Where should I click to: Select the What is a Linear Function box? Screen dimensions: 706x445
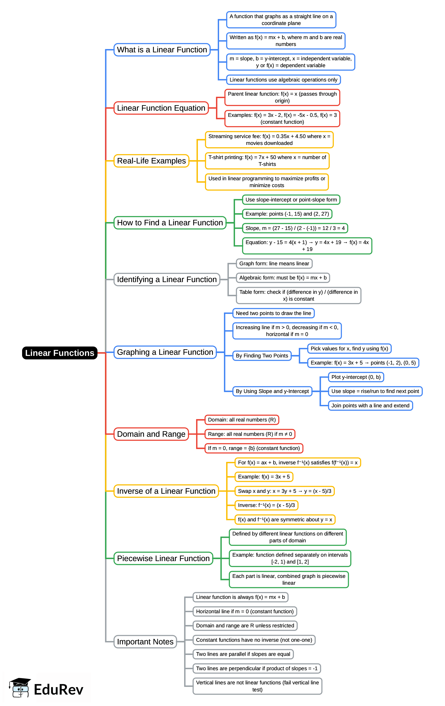162,50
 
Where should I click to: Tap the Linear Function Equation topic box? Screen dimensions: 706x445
161,108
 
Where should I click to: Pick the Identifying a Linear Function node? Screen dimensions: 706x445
167,279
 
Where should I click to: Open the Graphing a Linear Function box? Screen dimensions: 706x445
165,352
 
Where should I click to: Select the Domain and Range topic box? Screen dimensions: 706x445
151,434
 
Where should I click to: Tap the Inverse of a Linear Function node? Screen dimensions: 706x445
166,491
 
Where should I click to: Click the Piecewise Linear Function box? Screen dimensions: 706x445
163,558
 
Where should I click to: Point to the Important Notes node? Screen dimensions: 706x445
145,641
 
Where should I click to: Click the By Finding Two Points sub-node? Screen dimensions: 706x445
262,356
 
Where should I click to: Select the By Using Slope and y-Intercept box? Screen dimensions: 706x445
272,391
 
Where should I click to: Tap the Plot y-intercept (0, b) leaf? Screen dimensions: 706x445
356,377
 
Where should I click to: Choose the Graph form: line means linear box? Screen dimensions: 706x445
274,264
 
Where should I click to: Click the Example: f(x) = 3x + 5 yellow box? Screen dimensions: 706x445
263,477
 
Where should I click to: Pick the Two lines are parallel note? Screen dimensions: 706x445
243,654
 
